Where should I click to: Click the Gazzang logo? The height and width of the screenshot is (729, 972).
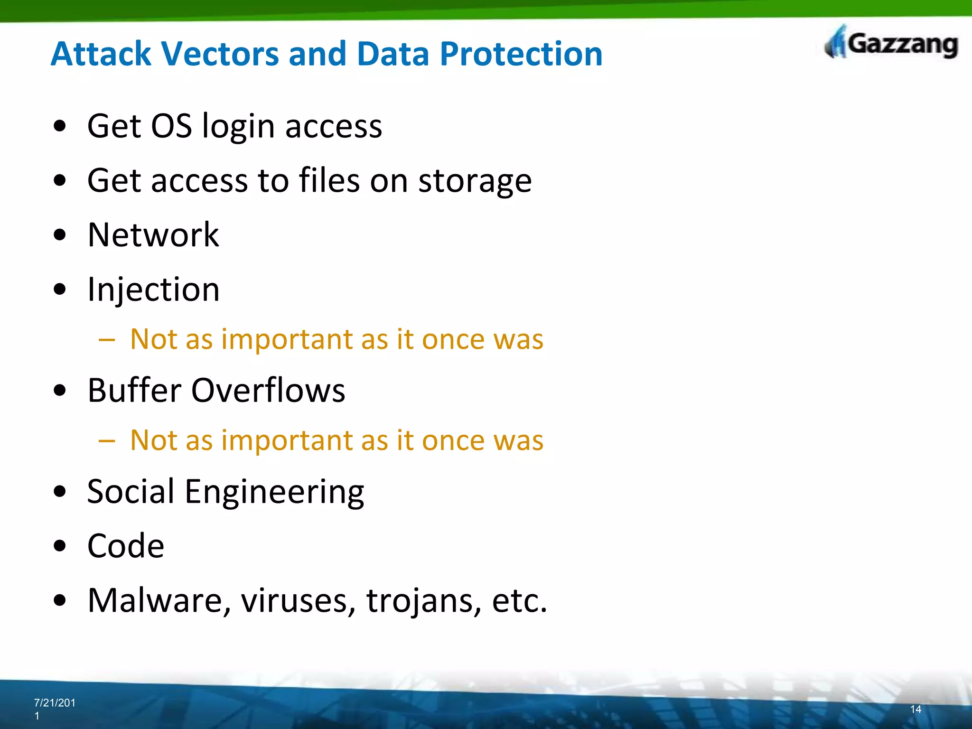[x=891, y=44]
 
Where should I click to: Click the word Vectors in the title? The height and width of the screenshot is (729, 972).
[x=220, y=54]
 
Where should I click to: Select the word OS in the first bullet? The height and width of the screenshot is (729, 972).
[x=171, y=126]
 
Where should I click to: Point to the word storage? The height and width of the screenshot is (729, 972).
[x=475, y=181]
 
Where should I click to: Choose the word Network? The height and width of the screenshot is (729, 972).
[x=153, y=235]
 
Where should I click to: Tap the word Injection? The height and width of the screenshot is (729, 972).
[x=153, y=290]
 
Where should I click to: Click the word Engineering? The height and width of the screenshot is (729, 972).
[x=274, y=493]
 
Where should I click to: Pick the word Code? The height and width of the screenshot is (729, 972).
[x=126, y=546]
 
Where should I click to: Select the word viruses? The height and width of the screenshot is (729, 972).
[x=298, y=600]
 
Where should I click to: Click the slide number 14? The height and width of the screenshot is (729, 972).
[x=916, y=709]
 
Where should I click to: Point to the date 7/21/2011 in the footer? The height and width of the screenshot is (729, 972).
[x=54, y=709]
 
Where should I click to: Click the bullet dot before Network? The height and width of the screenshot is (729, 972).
[x=60, y=235]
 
